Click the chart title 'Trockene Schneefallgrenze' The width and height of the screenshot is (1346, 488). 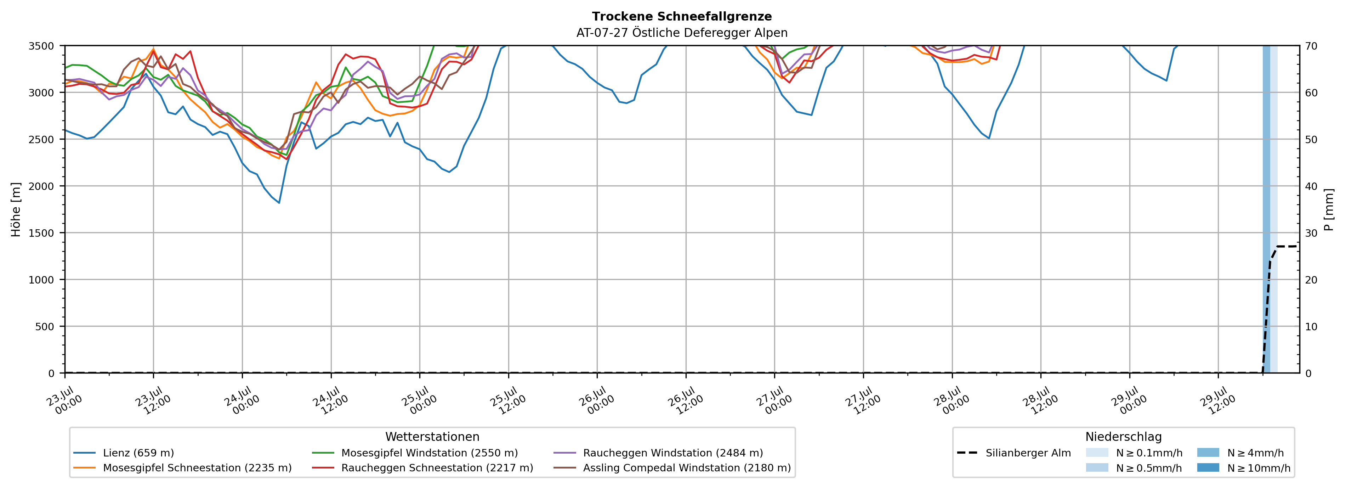[682, 17]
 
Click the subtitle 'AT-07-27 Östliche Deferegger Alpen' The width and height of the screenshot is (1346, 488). [682, 33]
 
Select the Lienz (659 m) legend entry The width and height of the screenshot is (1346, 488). [124, 453]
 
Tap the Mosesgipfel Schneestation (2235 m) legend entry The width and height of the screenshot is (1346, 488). [182, 467]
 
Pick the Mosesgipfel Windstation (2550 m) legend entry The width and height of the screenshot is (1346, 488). [415, 453]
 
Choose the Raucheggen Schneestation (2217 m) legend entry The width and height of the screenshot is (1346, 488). [423, 467]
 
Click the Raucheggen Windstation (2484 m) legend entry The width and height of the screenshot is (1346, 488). [658, 453]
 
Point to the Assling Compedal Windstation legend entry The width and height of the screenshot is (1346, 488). [672, 467]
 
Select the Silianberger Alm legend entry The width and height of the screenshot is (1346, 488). [1014, 453]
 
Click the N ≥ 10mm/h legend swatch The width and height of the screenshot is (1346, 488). [1208, 467]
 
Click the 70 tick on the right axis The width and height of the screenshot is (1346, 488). [1311, 46]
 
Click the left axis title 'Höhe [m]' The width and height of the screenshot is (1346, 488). [16, 209]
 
